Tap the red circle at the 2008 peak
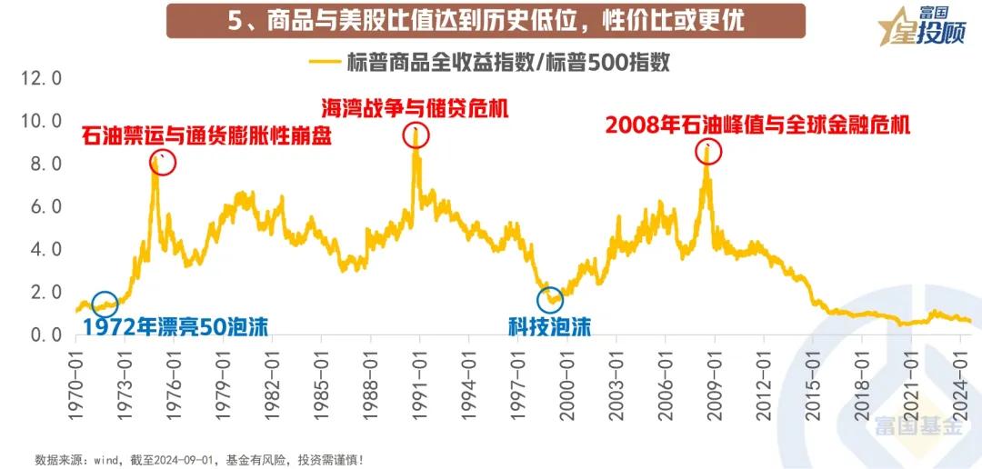[708, 151]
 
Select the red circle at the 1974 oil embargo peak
[162, 162]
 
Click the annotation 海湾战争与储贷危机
[415, 107]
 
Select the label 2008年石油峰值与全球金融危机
[757, 125]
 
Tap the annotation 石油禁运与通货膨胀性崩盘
[206, 136]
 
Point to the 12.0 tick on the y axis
[42, 78]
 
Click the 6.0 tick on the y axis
[42, 206]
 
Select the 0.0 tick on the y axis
[42, 335]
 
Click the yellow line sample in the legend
[325, 63]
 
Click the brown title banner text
[486, 20]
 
